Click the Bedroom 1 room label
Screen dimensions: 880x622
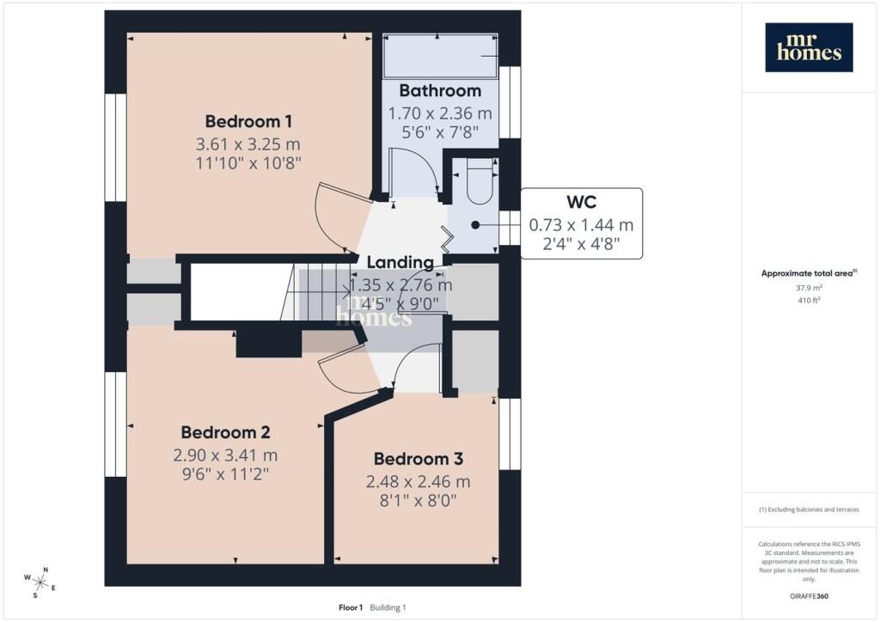pyautogui.click(x=248, y=121)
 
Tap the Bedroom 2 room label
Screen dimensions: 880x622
pyautogui.click(x=225, y=432)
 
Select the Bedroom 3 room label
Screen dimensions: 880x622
pyautogui.click(x=419, y=459)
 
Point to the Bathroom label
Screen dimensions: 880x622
pyautogui.click(x=440, y=90)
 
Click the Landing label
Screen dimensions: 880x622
pyautogui.click(x=400, y=262)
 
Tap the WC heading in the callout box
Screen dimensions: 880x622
pyautogui.click(x=582, y=202)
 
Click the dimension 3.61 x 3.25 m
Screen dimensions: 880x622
pyautogui.click(x=248, y=144)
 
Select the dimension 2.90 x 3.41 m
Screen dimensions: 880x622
pyautogui.click(x=225, y=455)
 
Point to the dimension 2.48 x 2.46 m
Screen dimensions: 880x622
pyautogui.click(x=419, y=482)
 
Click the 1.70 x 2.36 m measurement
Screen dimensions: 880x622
pyautogui.click(x=440, y=113)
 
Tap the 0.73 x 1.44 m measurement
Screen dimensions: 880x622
pyautogui.click(x=582, y=225)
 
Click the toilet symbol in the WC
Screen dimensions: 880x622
pyautogui.click(x=480, y=180)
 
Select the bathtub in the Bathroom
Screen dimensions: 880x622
pyautogui.click(x=440, y=56)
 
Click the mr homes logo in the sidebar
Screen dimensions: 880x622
pyautogui.click(x=809, y=47)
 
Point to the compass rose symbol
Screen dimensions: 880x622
pyautogui.click(x=40, y=582)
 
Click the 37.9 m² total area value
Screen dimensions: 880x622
pyautogui.click(x=809, y=288)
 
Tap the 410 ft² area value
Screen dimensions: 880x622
pyautogui.click(x=809, y=300)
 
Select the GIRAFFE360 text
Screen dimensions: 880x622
pyautogui.click(x=809, y=595)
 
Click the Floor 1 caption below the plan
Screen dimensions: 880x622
pyautogui.click(x=351, y=607)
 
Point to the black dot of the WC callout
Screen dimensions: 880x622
pyautogui.click(x=475, y=225)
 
